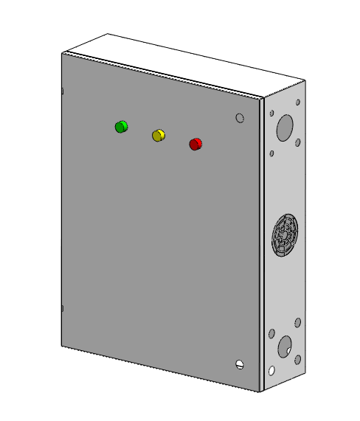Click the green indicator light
[x=121, y=127]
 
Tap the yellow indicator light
[x=159, y=135]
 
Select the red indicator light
[x=195, y=144]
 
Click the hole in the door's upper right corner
[x=239, y=117]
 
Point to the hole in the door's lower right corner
[x=239, y=364]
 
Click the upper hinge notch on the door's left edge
[x=63, y=91]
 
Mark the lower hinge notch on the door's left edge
[x=63, y=309]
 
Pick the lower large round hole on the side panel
[x=283, y=345]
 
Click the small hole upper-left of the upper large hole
[x=272, y=114]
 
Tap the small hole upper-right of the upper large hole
[x=298, y=104]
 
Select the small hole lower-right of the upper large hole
[x=297, y=142]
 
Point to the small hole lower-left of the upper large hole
[x=272, y=153]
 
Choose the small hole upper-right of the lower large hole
[x=297, y=322]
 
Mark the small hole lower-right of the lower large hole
[x=297, y=360]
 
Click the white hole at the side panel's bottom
[x=272, y=370]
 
